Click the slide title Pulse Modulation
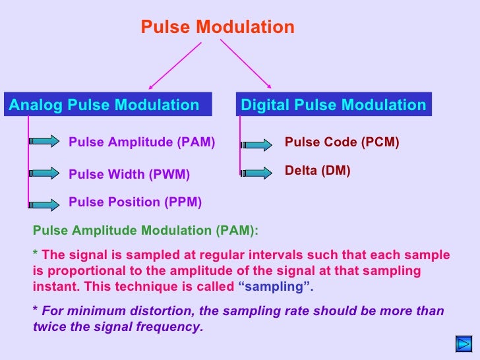click(x=218, y=27)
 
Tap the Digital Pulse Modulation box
click(x=334, y=105)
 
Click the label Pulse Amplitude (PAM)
click(x=142, y=142)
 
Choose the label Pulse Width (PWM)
click(x=129, y=175)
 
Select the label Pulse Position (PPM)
click(x=135, y=202)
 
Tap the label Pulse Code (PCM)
click(x=342, y=142)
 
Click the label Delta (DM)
click(x=317, y=171)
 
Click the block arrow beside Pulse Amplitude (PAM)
click(x=45, y=140)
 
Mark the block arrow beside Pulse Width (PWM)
click(x=45, y=173)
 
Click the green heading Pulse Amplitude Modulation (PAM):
click(x=146, y=230)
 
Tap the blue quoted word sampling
click(x=274, y=287)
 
